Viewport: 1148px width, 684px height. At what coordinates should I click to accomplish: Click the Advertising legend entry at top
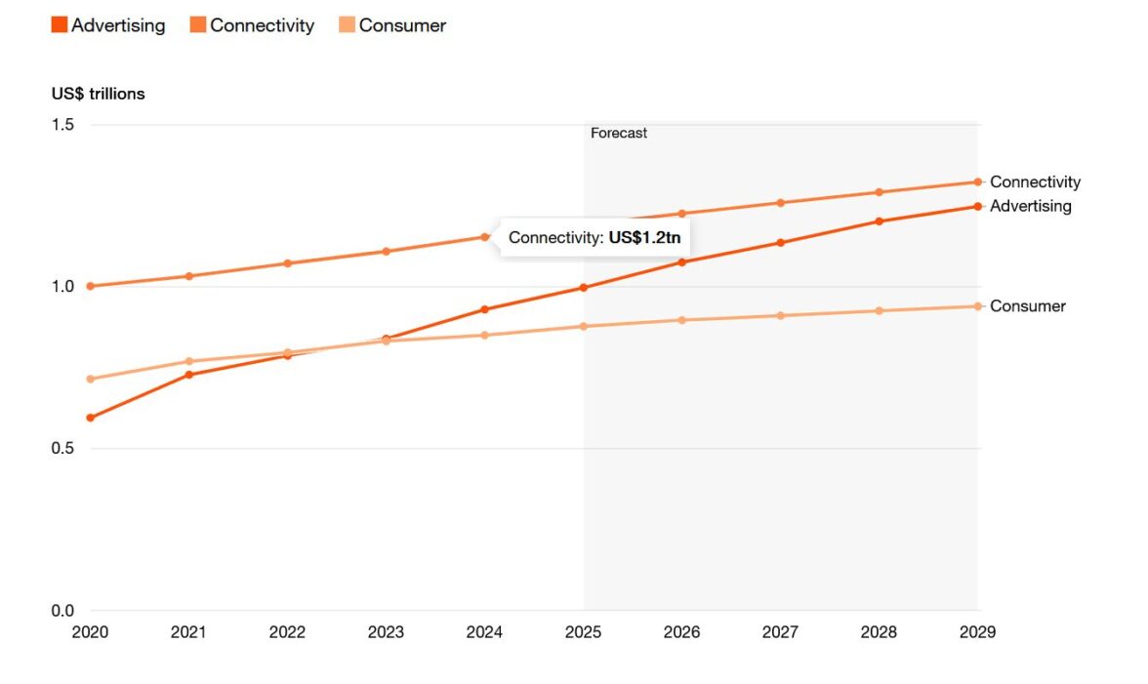108,26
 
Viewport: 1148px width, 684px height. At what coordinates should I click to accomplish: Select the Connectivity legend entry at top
252,26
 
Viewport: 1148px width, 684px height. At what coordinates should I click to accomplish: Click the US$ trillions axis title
99,94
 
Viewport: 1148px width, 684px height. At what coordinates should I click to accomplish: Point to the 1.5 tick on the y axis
63,125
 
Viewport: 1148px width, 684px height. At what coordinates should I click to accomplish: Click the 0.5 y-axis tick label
63,449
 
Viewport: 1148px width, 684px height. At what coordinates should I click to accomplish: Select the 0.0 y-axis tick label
63,611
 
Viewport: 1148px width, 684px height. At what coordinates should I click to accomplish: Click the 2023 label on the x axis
386,632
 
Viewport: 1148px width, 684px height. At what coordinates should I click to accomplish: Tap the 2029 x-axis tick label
977,632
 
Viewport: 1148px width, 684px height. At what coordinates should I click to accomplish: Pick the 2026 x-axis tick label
681,632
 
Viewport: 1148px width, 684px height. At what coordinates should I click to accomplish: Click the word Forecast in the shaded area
619,133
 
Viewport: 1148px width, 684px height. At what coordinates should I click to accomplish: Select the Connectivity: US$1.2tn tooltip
594,237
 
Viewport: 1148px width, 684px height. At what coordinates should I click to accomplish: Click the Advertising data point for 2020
91,418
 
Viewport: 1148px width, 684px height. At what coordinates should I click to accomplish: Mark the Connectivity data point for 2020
91,286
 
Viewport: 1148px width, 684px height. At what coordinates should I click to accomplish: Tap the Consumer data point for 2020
91,379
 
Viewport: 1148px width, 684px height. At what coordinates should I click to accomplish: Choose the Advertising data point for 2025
584,287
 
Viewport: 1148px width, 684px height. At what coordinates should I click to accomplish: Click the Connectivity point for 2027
780,203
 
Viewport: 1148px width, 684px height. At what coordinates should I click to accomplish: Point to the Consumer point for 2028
879,310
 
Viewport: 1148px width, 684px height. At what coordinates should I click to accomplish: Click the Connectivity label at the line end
1035,181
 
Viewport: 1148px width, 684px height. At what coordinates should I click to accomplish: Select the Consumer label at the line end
1027,306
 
